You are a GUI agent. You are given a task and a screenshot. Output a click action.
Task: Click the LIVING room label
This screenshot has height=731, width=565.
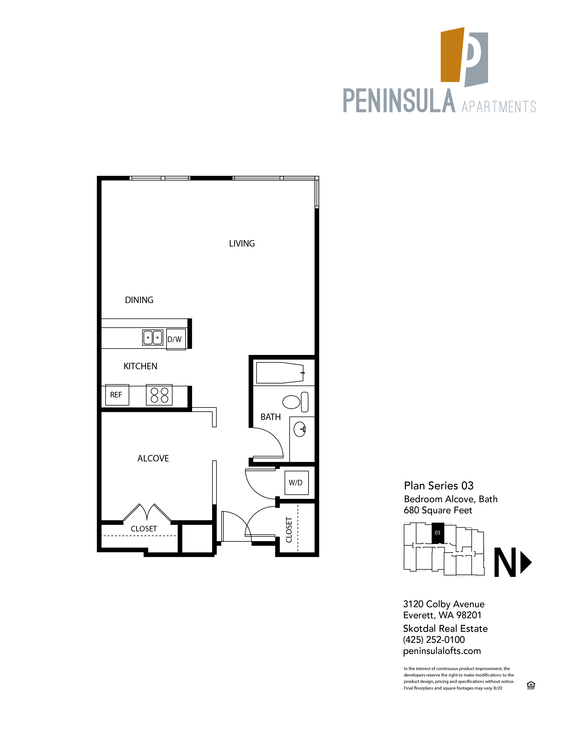[x=242, y=244]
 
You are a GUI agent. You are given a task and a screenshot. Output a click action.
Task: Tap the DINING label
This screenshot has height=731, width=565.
[x=139, y=300]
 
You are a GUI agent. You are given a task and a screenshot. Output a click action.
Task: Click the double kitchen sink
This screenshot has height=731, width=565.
[x=153, y=337]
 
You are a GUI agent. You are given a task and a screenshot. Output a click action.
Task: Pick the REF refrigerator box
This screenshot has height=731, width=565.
[x=117, y=395]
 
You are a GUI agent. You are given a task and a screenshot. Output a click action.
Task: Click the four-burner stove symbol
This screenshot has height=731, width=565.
[x=159, y=395]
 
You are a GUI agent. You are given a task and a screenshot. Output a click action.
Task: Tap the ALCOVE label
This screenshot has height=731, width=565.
[x=153, y=458]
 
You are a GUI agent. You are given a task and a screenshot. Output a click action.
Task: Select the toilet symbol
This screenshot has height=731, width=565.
[x=294, y=402]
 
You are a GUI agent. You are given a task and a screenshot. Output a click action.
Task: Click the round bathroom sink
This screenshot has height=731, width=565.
[x=300, y=429]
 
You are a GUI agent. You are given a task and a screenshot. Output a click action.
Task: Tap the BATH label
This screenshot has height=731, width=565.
[x=271, y=417]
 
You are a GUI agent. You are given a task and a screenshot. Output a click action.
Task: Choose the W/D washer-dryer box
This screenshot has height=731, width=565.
[x=296, y=483]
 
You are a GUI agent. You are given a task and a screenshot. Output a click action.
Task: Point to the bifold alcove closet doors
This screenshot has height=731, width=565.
[x=147, y=513]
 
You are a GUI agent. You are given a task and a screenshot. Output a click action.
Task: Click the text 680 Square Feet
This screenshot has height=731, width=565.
[x=438, y=510]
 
